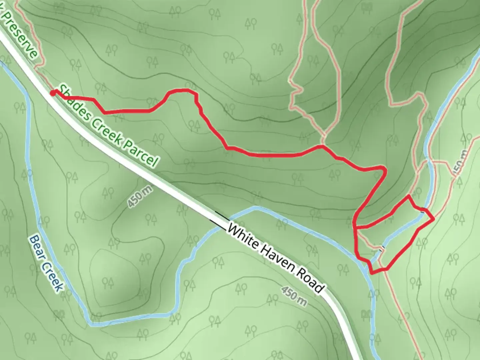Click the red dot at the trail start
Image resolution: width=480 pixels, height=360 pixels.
click(53, 93)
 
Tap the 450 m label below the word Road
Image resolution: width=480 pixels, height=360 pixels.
click(294, 295)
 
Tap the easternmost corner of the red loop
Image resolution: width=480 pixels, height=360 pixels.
click(434, 219)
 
